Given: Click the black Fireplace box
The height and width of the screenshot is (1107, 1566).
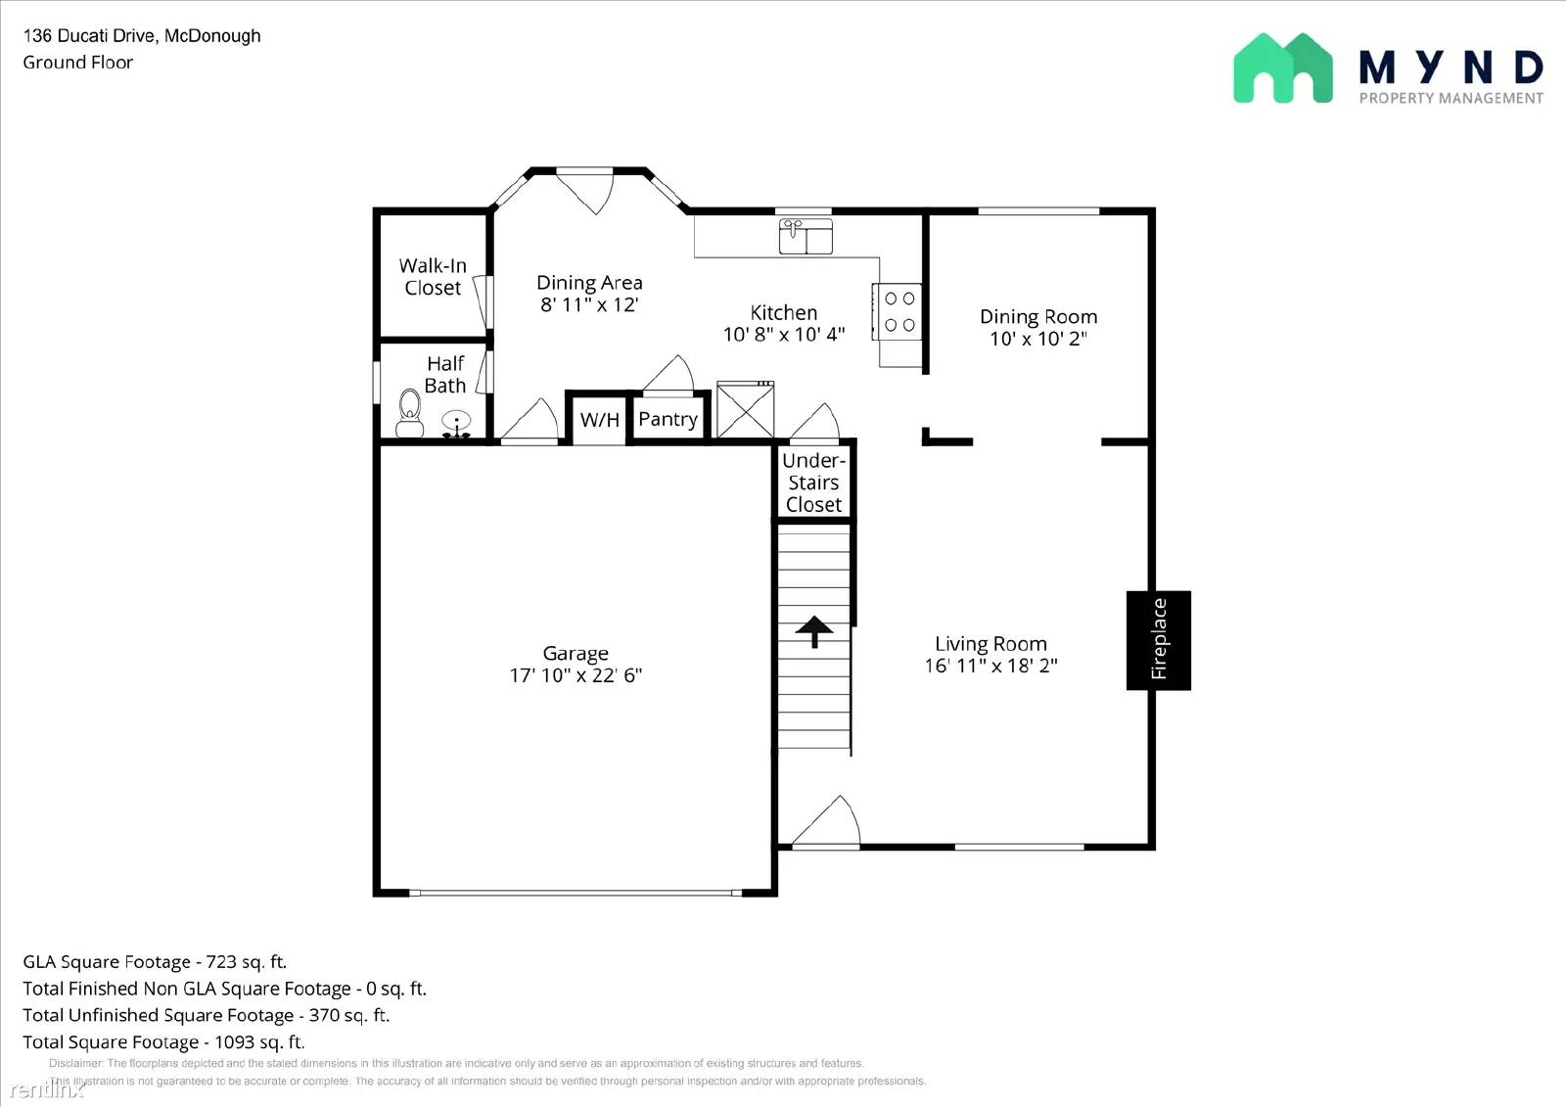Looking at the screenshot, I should pos(1158,640).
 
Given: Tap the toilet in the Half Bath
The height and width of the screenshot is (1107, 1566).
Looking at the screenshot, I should pos(410,414).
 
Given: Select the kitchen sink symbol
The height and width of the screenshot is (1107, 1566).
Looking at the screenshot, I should pos(806,236).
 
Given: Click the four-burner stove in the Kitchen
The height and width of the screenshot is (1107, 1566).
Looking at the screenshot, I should pos(899,311).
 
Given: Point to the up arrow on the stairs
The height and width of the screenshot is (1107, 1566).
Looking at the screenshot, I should pos(813,631).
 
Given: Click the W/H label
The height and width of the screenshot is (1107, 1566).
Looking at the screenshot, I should pos(599,420).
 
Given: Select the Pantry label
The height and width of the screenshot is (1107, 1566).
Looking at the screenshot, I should pos(668,419).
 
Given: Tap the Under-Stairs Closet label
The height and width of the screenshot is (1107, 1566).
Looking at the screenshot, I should pos(813,483).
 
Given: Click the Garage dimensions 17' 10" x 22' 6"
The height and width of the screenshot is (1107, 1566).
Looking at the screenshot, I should pos(576,675).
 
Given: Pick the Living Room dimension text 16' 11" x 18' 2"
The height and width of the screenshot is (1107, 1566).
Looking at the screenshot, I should pos(990,666).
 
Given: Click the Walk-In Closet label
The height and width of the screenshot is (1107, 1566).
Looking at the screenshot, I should pos(433,277).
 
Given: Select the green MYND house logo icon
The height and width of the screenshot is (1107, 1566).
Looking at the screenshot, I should pos(1282,69).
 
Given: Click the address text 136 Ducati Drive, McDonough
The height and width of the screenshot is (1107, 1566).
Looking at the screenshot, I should pos(142,36).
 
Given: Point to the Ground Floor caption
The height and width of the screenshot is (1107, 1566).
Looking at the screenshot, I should pos(78,63).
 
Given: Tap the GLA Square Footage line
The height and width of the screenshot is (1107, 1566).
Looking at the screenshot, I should pos(155,962).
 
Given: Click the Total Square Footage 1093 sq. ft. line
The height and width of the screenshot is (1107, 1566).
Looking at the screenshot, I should pos(163,1042).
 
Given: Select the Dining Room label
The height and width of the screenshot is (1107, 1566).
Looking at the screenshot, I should pos(1038,317).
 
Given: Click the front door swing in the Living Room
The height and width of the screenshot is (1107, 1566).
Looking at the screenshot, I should pos(827,822).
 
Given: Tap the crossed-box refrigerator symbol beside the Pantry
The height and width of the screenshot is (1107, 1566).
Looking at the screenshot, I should pos(745,409).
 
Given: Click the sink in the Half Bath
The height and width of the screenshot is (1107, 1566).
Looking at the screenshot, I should pos(456,424).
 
